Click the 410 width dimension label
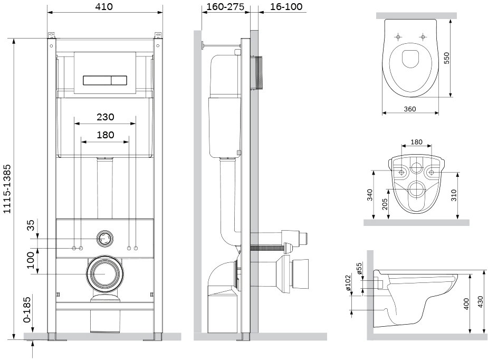[104, 6]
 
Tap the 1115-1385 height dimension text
[7, 189]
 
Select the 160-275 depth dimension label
[225, 6]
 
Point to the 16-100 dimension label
[286, 6]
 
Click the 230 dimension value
[105, 117]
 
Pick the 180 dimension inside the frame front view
[105, 135]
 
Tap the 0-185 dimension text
[28, 310]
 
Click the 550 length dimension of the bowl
[447, 58]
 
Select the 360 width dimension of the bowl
[409, 109]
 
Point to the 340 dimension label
[370, 195]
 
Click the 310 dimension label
[454, 195]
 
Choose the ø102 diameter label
[348, 282]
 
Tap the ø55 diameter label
[359, 269]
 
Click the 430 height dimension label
[481, 302]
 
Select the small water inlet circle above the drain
[105, 239]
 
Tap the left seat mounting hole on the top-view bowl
[398, 37]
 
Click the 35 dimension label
[31, 225]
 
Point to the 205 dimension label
[385, 204]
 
